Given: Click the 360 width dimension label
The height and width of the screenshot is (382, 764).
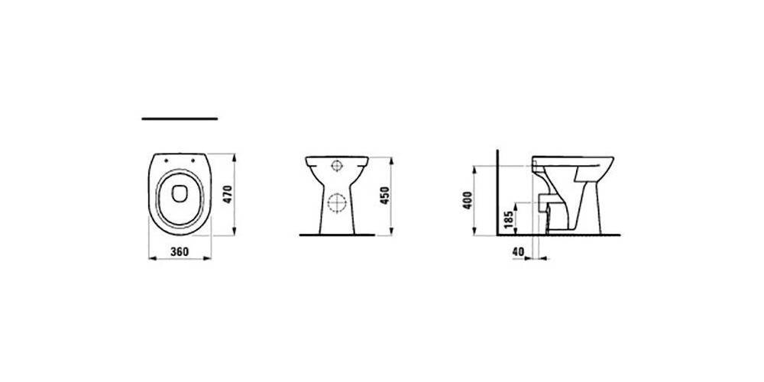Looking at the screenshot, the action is point(180,252).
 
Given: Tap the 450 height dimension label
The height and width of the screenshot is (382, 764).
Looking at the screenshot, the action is point(385,196).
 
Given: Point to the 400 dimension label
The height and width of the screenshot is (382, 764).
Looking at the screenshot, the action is point(468,200).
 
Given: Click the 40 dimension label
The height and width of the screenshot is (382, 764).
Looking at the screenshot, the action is point(518,252).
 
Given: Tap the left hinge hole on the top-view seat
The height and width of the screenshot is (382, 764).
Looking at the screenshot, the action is point(166,159).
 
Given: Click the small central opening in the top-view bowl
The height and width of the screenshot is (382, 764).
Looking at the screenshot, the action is point(180,194).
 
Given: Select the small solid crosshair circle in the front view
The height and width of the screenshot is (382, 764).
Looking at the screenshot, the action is point(336,166).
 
